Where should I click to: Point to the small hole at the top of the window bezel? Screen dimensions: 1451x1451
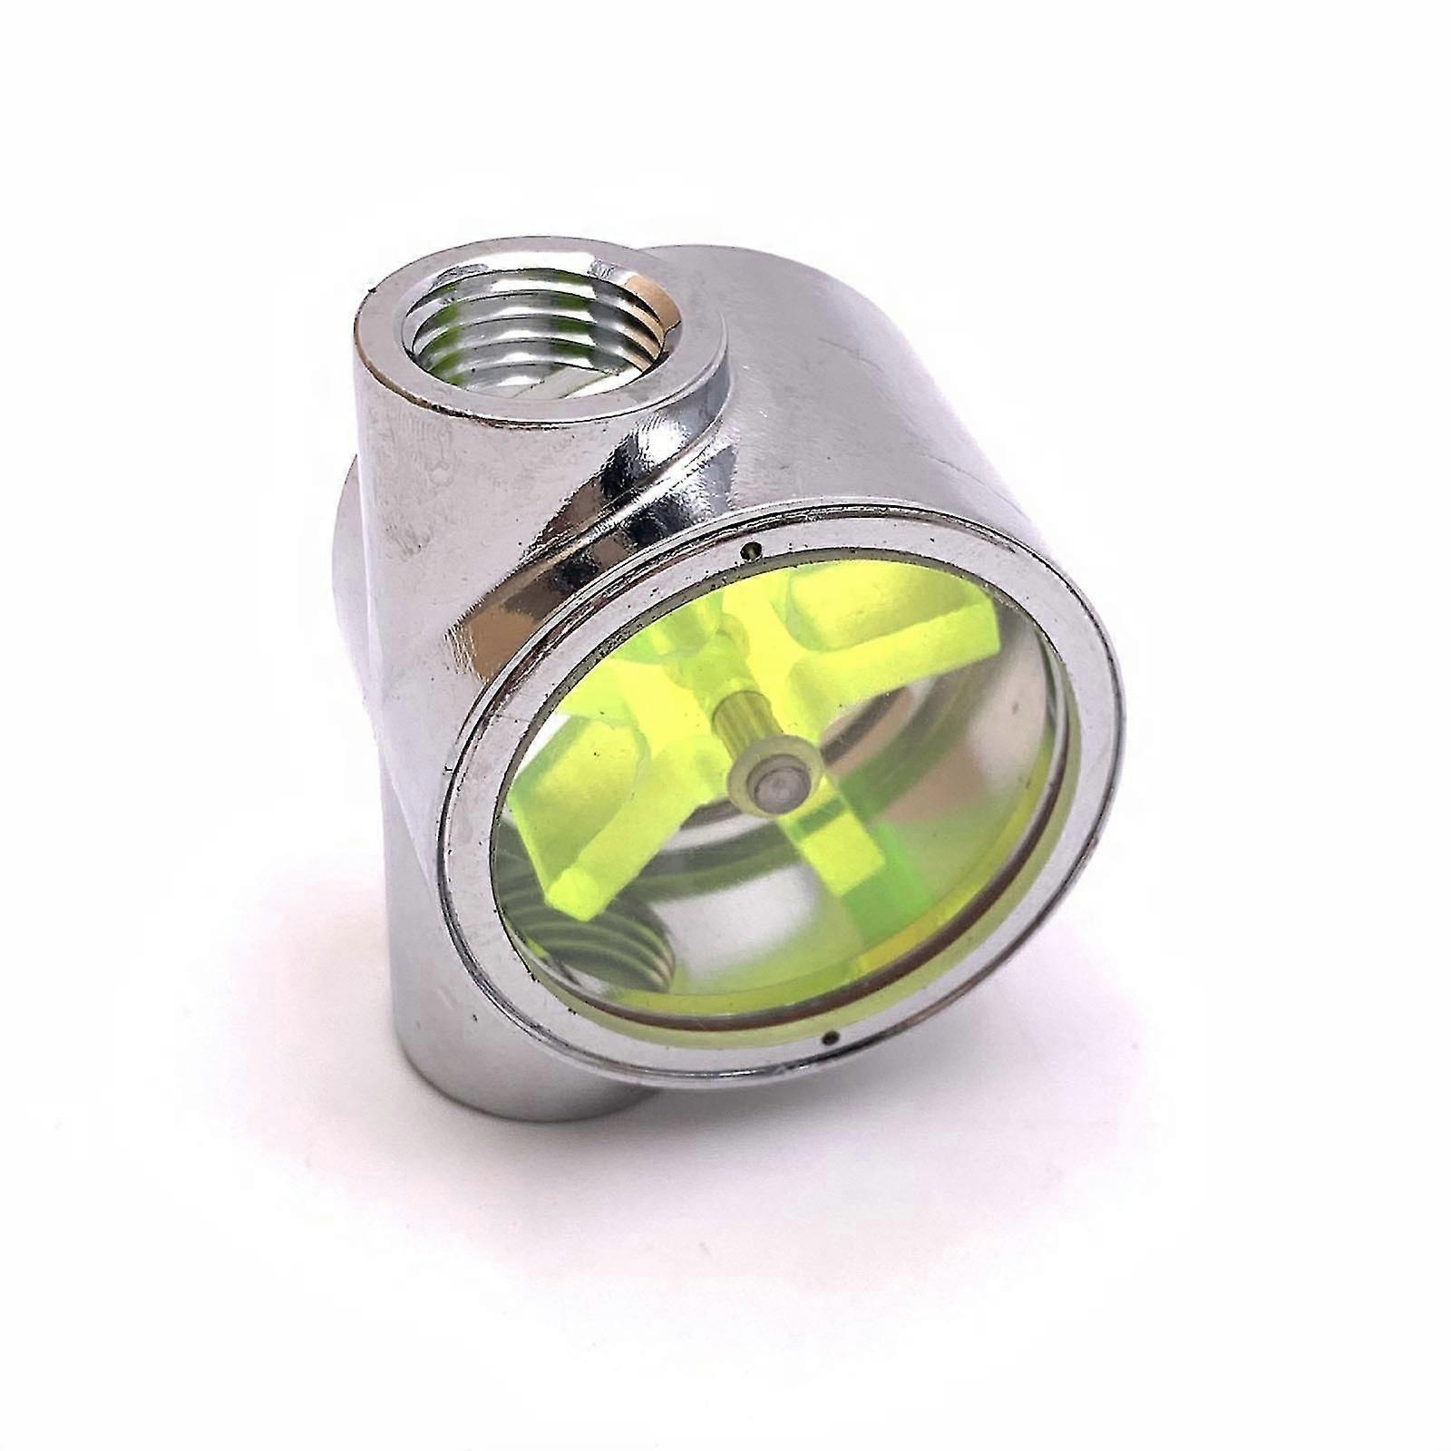coord(750,550)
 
